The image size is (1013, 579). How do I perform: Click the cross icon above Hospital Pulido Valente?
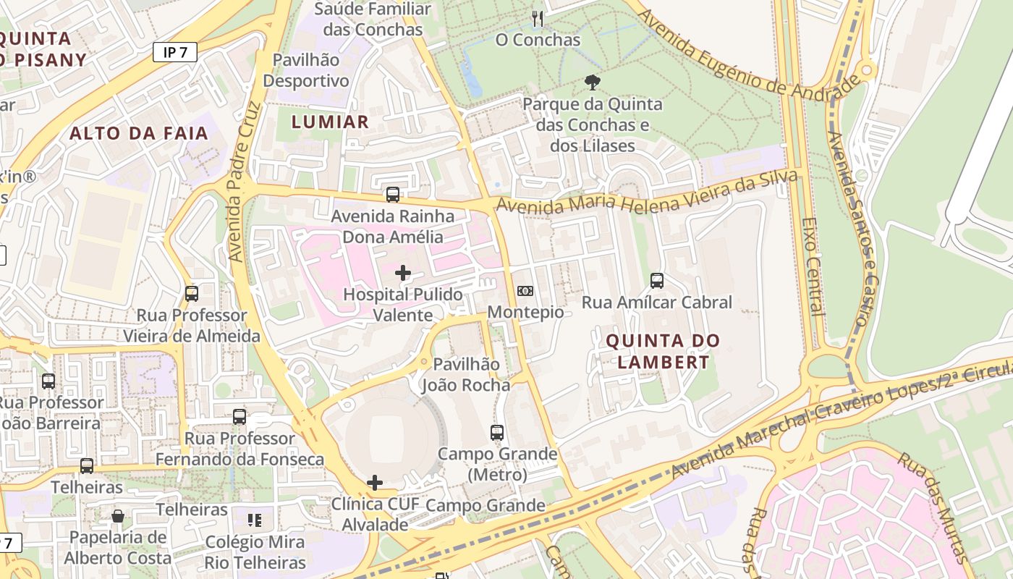403,273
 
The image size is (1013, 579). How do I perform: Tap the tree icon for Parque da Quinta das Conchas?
593,83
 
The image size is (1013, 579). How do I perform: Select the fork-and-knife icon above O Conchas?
537,18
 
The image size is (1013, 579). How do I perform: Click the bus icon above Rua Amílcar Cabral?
657,281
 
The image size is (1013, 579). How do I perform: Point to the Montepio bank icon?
525,291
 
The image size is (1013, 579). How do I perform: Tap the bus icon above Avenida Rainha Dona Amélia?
393,195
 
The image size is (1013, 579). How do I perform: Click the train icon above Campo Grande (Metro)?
497,433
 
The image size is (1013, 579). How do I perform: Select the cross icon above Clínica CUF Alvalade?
375,483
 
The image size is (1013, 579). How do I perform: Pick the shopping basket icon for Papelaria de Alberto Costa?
118,516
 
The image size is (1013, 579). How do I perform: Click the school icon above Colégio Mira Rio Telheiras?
255,520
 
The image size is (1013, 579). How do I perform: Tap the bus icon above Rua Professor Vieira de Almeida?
192,294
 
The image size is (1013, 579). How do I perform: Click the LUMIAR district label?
330,122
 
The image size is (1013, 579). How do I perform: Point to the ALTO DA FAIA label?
139,133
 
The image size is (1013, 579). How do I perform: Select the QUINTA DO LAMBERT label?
663,351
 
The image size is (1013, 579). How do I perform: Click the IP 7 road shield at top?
175,52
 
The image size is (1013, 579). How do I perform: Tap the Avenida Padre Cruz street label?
242,181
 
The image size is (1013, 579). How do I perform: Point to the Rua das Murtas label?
933,507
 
